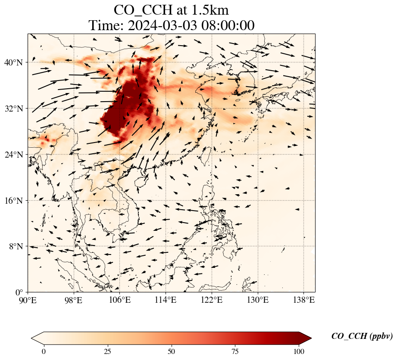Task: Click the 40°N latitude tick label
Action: [13, 62]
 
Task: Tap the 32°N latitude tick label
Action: [13, 109]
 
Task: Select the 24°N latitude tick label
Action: [13, 155]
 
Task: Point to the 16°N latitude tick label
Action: [13, 201]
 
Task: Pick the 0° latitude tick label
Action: [19, 292]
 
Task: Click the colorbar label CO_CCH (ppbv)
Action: [362, 336]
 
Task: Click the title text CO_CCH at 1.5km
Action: [171, 10]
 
